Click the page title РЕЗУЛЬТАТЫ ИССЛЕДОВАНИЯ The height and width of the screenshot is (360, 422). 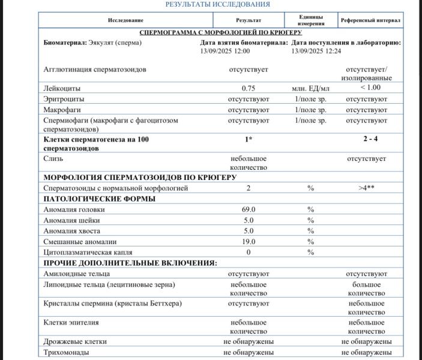pyautogui.click(x=218, y=4)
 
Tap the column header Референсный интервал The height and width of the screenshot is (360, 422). pyautogui.click(x=370, y=20)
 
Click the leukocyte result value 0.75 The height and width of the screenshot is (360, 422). pyautogui.click(x=249, y=88)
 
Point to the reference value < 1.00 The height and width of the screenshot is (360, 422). pyautogui.click(x=370, y=88)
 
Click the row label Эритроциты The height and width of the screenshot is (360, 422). pyautogui.click(x=64, y=99)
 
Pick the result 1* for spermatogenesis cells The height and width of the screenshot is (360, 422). pyautogui.click(x=249, y=139)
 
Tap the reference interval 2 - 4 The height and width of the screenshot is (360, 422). pyautogui.click(x=370, y=139)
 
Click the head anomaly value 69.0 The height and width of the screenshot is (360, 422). pyautogui.click(x=249, y=210)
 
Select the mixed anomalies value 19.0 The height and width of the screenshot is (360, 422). pyautogui.click(x=249, y=242)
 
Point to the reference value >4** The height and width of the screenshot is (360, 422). pyautogui.click(x=367, y=188)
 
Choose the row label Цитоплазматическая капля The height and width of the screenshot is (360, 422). pyautogui.click(x=88, y=253)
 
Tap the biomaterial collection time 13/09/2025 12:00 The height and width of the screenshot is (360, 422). pyautogui.click(x=225, y=52)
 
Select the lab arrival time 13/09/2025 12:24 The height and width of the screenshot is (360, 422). pyautogui.click(x=316, y=52)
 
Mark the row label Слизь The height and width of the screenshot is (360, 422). pyautogui.click(x=53, y=159)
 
